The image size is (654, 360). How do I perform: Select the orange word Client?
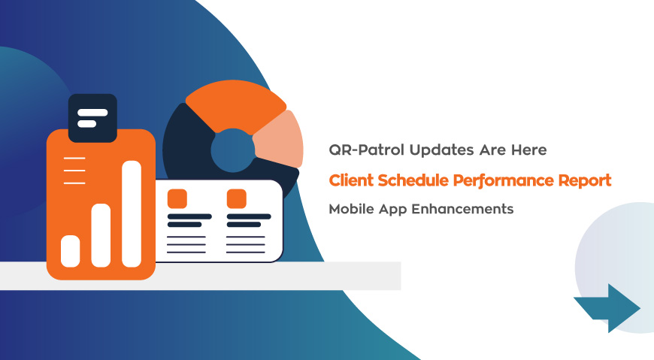click(353, 180)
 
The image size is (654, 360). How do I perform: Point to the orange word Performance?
click(503, 180)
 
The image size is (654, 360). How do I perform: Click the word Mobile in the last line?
click(352, 209)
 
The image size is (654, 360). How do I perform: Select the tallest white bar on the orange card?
click(132, 213)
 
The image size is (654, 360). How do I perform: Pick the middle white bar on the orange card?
click(101, 234)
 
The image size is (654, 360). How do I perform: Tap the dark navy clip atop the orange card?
click(92, 118)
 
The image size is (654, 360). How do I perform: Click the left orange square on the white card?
click(177, 198)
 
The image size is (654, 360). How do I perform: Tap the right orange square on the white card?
click(237, 198)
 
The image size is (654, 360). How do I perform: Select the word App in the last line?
click(404, 209)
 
